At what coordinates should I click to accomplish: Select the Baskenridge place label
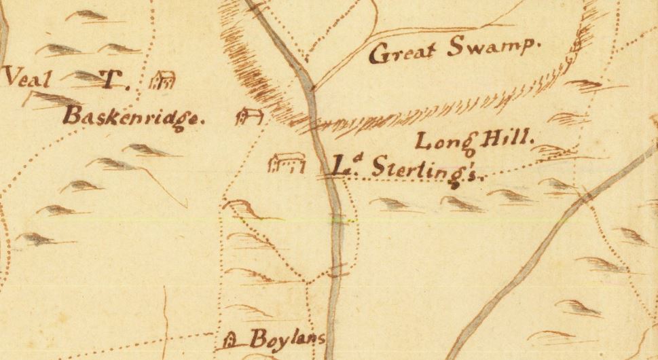pyautogui.click(x=134, y=117)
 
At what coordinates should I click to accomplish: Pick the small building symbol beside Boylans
pyautogui.click(x=232, y=337)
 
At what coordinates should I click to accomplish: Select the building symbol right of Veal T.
pyautogui.click(x=163, y=81)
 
